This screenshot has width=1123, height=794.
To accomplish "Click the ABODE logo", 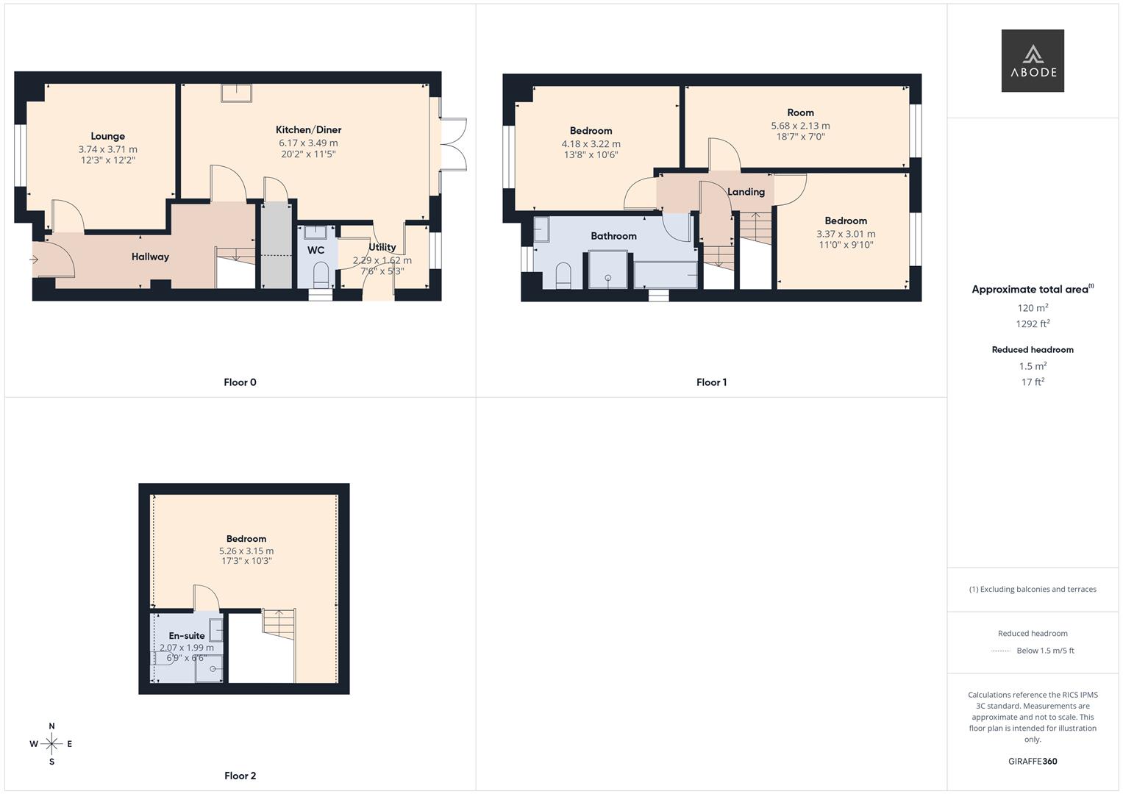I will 1032,61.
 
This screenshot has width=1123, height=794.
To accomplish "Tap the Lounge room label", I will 107,136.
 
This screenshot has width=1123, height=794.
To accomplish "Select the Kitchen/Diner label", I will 308,129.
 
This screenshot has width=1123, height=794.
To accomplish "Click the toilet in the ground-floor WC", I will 321,276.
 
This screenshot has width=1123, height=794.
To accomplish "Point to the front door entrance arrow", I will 34,260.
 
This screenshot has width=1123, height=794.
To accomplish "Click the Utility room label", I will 382,247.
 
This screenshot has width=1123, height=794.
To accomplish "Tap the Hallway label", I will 150,257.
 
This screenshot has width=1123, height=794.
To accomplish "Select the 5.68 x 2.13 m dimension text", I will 800,126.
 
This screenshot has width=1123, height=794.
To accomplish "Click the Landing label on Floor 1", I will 746,192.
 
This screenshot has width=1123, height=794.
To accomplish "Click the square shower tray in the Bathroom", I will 607,270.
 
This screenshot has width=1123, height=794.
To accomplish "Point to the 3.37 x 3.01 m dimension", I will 846,234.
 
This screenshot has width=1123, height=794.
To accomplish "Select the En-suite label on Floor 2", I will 187,636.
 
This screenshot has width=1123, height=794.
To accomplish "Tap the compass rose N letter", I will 51,726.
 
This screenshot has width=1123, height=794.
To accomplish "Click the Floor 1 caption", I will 711,382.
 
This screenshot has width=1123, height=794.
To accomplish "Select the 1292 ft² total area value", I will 1033,323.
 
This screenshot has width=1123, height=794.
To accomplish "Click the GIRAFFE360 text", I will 1033,761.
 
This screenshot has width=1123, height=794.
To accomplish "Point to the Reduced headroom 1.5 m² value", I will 1033,366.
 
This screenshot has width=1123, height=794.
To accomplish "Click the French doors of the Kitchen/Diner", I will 452,144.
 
